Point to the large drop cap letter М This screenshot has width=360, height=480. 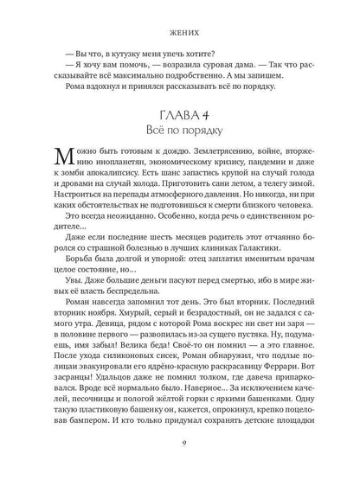tap(49, 170)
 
